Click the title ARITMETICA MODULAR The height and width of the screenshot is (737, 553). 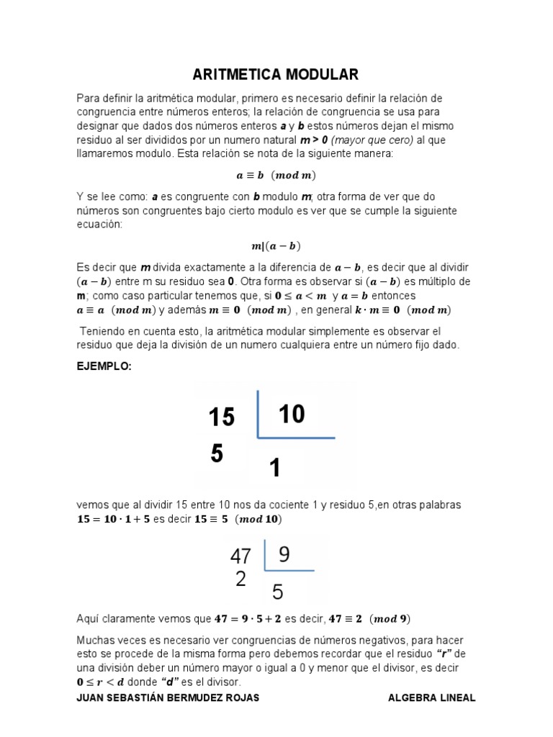[275, 75]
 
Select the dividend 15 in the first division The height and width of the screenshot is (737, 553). [222, 417]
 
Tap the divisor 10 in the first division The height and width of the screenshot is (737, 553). [291, 414]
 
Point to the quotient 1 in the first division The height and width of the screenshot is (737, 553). [274, 469]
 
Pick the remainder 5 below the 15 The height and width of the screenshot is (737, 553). [217, 453]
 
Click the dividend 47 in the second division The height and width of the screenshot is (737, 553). [240, 556]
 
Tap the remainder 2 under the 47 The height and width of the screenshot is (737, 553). [240, 579]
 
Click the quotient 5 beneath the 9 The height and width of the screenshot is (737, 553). [277, 592]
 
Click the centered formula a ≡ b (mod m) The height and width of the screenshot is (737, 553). [276, 175]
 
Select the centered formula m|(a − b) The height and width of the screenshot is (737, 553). [276, 246]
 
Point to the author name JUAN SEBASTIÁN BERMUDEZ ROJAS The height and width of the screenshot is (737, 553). [168, 698]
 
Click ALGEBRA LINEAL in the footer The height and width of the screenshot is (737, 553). [431, 698]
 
